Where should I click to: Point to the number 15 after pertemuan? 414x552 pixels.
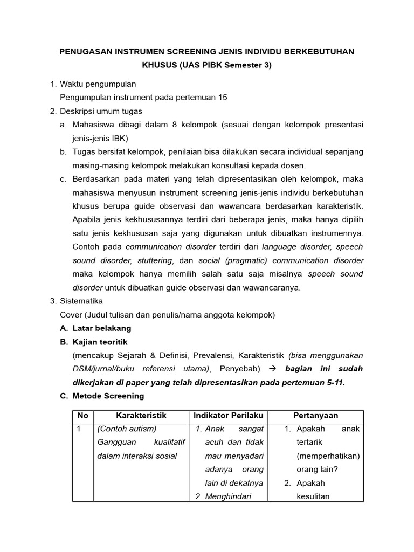click(x=222, y=98)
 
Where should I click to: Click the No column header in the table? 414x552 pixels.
click(x=82, y=416)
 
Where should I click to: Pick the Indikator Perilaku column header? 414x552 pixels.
click(x=228, y=416)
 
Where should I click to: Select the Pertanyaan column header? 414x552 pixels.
click(x=315, y=416)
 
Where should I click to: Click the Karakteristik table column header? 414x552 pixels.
click(x=141, y=416)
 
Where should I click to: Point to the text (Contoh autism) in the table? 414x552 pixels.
click(x=127, y=429)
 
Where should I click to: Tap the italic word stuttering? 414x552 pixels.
click(x=154, y=260)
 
